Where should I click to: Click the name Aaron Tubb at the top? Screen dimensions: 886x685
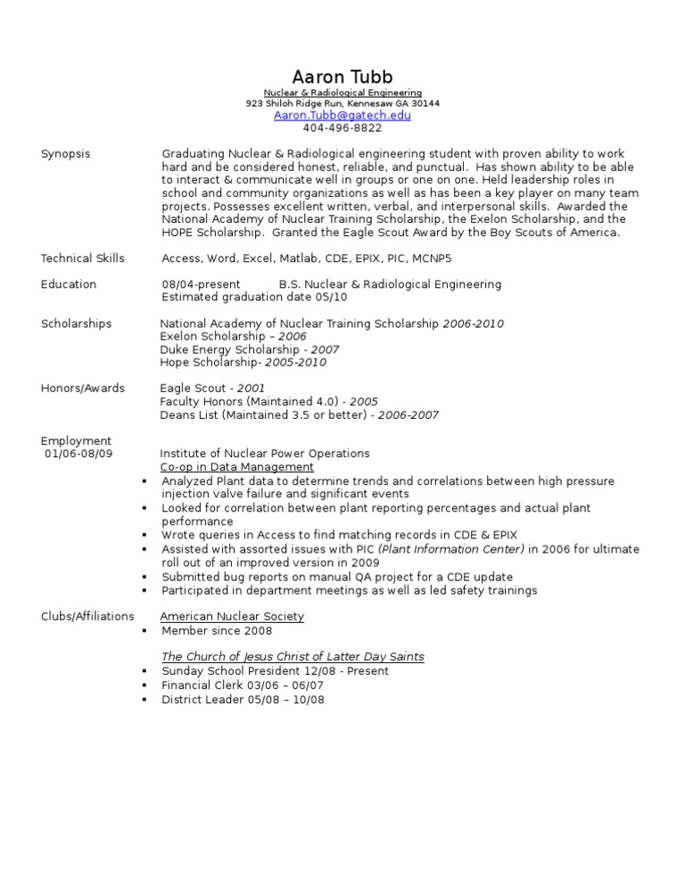pos(342,77)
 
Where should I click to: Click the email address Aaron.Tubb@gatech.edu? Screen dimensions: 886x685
pos(342,115)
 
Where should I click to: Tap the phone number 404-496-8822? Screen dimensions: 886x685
pos(342,128)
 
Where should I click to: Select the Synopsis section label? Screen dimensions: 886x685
pos(66,154)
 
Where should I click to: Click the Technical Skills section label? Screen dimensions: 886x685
pos(83,258)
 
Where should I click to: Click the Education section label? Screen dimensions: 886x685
pos(69,284)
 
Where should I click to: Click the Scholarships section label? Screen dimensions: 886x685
pos(77,324)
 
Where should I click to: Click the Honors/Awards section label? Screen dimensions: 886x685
pos(83,389)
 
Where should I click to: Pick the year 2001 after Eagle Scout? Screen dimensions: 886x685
pos(251,389)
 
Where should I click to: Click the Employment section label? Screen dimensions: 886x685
pos(77,440)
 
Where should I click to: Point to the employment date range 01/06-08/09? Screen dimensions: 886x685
pos(79,454)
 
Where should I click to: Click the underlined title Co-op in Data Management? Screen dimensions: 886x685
pos(236,467)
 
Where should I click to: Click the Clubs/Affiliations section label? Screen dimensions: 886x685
pos(87,616)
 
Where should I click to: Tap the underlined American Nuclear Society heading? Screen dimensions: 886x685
pos(232,616)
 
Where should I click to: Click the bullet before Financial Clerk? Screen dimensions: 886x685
pos(144,685)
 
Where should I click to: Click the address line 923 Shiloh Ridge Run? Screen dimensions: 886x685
pos(342,103)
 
